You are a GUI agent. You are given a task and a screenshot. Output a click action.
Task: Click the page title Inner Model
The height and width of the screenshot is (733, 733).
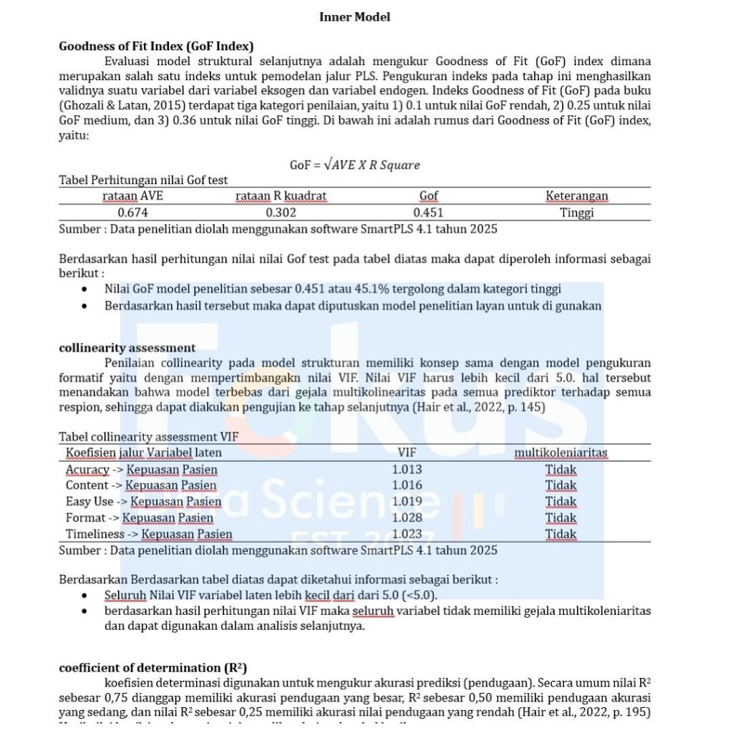(355, 17)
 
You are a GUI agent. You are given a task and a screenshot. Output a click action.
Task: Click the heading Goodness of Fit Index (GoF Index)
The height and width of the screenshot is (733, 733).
(156, 47)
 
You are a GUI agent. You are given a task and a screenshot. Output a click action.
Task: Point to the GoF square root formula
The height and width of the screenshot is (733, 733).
(354, 165)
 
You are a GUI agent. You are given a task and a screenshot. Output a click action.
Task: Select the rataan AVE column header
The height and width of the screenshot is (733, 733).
(132, 195)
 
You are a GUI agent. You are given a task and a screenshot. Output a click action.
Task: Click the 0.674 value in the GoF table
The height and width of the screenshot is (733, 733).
(132, 213)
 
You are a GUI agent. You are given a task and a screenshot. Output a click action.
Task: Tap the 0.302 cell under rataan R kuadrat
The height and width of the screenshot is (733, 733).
(281, 213)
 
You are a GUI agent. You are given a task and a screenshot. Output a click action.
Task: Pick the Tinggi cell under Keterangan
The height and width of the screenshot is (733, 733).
(577, 213)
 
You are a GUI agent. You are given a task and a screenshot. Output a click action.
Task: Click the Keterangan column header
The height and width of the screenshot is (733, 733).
(577, 195)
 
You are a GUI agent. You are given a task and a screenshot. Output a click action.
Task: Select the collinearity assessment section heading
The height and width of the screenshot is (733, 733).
(127, 349)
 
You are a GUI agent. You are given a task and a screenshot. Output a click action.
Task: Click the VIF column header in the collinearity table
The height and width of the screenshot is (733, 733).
(407, 452)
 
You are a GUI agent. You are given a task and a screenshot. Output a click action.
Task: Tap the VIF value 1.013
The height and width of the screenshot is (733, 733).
(407, 470)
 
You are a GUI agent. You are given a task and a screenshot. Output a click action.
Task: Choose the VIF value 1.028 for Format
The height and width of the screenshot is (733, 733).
(407, 518)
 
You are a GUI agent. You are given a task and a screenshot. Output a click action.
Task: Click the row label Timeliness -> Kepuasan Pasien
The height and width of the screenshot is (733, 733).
(149, 534)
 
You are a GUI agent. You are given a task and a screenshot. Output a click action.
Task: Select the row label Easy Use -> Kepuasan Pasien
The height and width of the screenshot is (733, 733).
(143, 502)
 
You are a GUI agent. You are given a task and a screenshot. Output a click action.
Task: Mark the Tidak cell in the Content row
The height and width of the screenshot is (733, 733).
(560, 485)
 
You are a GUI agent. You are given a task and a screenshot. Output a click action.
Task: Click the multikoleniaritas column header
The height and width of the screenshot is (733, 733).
(560, 452)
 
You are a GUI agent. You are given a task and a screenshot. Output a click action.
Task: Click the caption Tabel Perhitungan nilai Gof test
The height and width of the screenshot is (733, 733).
(143, 180)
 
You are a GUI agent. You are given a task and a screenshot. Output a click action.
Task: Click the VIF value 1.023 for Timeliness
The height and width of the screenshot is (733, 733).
(407, 534)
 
